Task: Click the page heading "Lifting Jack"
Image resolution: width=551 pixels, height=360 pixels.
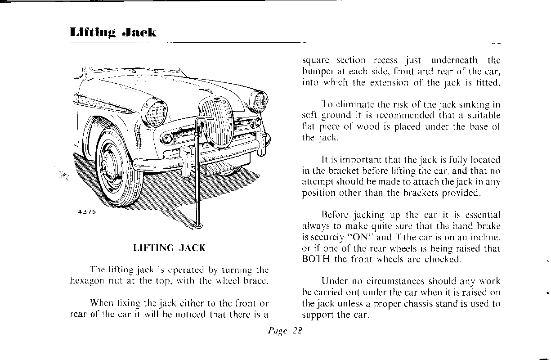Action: coord(113,32)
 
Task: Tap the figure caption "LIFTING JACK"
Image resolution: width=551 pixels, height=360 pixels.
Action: coord(169,248)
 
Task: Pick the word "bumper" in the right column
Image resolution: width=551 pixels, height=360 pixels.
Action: coord(318,72)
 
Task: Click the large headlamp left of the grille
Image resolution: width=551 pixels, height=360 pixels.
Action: coord(155,112)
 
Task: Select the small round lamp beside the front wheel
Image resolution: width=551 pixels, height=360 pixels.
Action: coord(167,137)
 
